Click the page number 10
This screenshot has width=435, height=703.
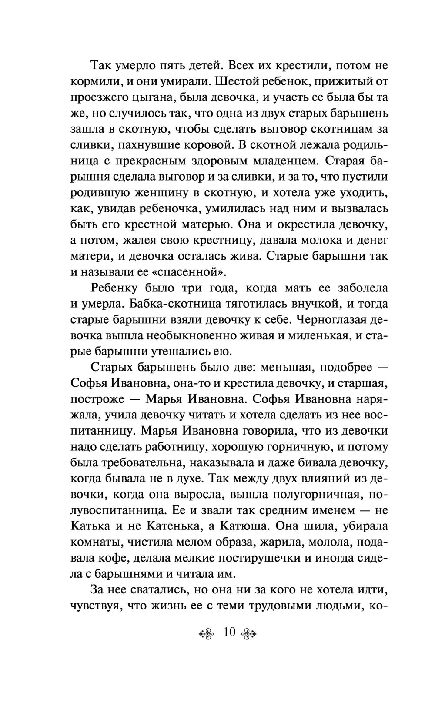(229, 632)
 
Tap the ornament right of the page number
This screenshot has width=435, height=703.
(250, 633)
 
